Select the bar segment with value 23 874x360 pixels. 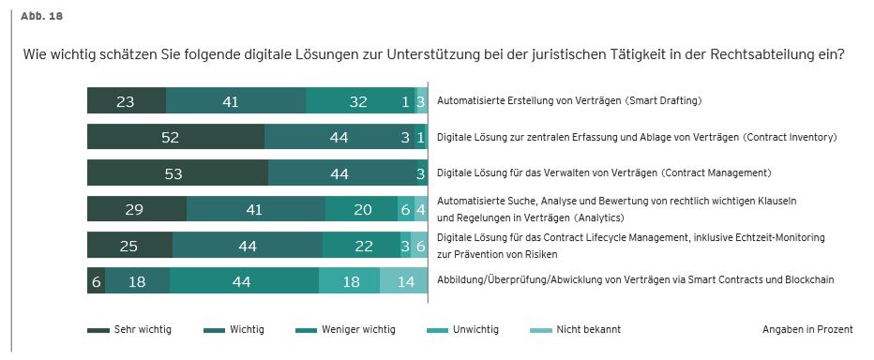coord(126,101)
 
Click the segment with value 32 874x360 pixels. coord(358,101)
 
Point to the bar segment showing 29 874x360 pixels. coord(136,209)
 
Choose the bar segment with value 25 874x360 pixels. coord(129,245)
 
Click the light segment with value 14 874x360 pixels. coord(404,281)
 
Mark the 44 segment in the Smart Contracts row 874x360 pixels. coord(244,281)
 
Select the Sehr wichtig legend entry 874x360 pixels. coord(129,330)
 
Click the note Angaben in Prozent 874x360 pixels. coord(807,330)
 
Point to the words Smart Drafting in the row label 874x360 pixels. coord(666,100)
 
